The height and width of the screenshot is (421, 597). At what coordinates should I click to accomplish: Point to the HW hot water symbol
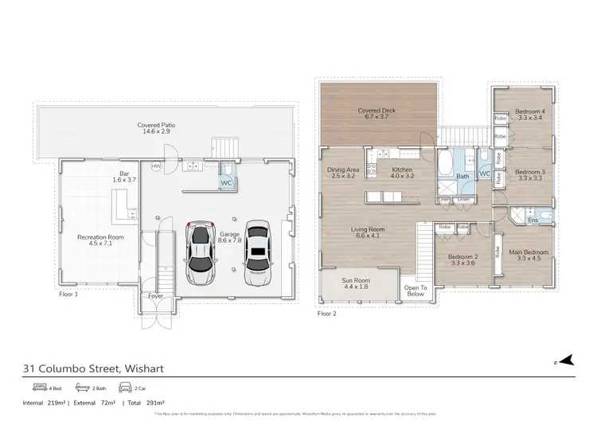pyautogui.click(x=156, y=166)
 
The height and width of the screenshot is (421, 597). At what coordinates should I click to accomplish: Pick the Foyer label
pyautogui.click(x=155, y=296)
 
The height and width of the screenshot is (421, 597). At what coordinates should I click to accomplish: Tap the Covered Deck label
pyautogui.click(x=377, y=114)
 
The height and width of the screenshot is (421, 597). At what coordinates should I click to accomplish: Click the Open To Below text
pyautogui.click(x=416, y=290)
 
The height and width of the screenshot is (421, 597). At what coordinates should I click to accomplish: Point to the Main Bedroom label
pyautogui.click(x=530, y=255)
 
